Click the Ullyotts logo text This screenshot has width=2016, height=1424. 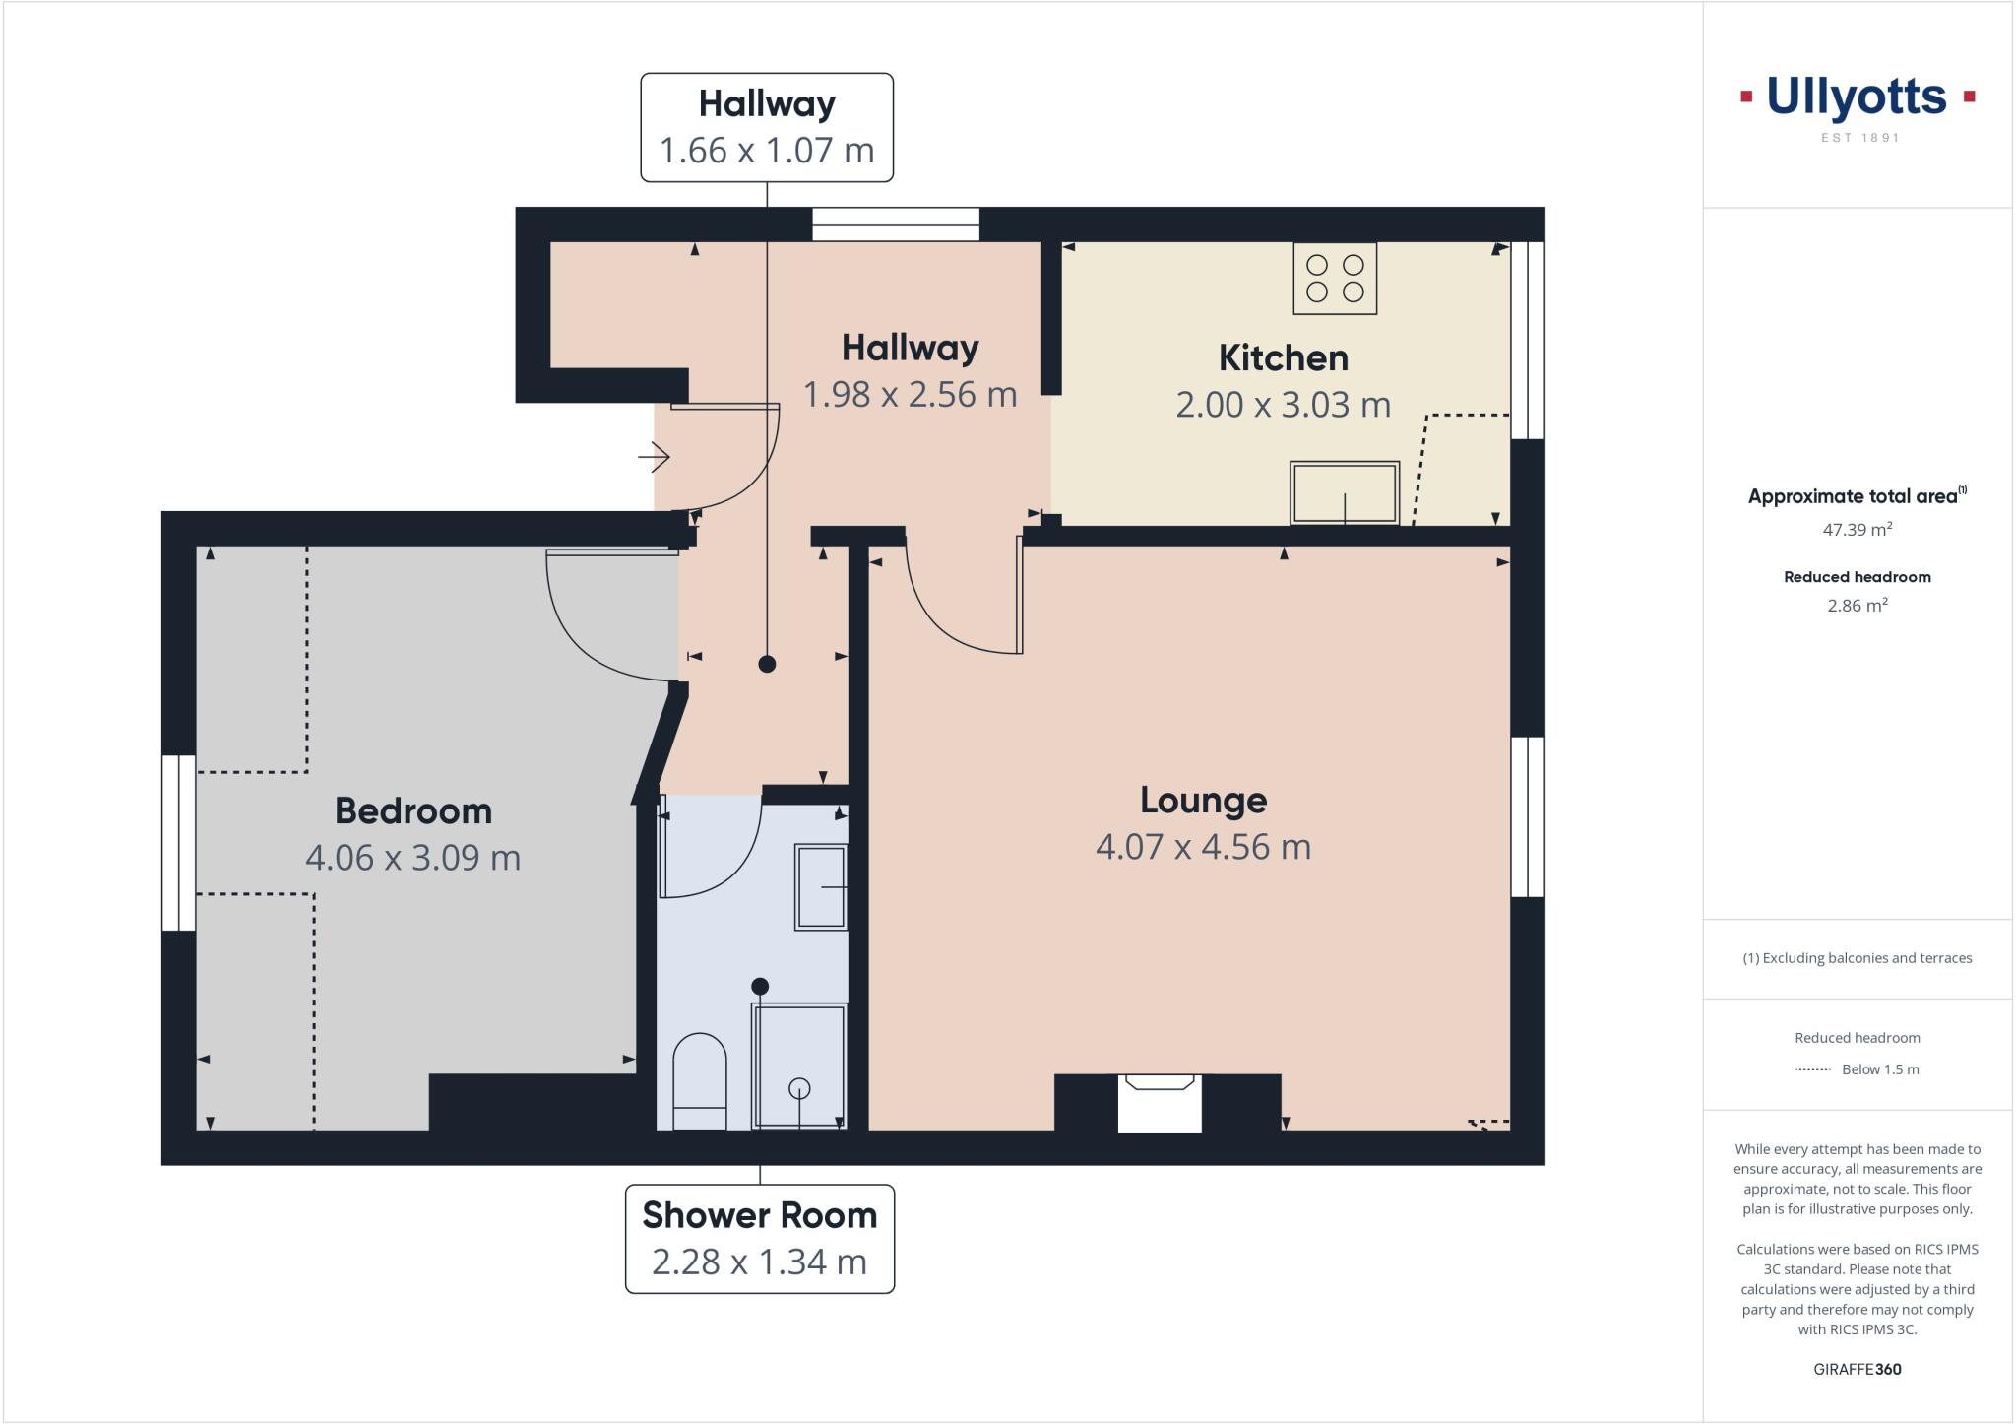coord(1857,97)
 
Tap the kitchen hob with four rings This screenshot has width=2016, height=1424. coord(1335,279)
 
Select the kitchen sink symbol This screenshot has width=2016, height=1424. coord(1345,492)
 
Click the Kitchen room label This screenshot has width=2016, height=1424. coord(1283,357)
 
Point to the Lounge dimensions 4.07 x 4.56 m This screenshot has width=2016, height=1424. coord(1203,847)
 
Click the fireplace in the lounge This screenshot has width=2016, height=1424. coord(1160,1104)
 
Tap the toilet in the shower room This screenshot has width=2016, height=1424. coord(699,1079)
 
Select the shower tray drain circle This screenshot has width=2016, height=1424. coord(799,1088)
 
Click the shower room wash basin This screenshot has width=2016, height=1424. coord(821,886)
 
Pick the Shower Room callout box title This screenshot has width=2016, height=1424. coord(759,1215)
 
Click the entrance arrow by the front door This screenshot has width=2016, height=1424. coord(654,456)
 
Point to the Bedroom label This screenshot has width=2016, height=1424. coord(413,810)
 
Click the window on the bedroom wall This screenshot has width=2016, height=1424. coord(179,843)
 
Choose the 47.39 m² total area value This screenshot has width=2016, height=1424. coord(1857,530)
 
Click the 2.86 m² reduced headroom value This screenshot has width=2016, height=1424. coord(1857,606)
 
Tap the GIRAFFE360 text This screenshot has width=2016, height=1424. coord(1857,1369)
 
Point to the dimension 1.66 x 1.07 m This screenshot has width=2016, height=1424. coord(766,151)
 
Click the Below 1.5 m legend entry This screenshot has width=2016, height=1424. coord(1879,1069)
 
